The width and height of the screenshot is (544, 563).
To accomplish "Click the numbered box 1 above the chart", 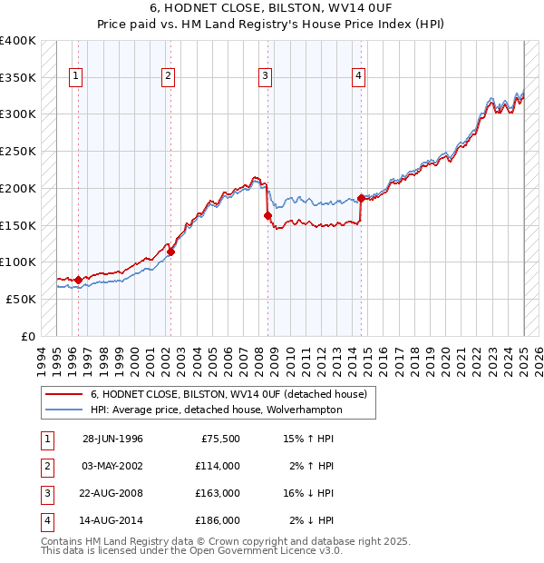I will [x=74, y=77].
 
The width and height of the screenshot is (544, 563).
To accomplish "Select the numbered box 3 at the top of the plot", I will [x=265, y=77].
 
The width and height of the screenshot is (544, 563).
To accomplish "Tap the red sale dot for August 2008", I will [x=267, y=215].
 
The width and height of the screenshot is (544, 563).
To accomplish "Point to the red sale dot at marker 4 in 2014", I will [x=361, y=198].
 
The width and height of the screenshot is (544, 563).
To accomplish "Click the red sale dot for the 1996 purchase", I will [x=78, y=280].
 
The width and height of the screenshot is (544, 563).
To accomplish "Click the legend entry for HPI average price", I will [x=216, y=410].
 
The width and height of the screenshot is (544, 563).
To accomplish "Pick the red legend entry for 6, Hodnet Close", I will [x=228, y=394].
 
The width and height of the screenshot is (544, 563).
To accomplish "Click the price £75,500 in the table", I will [x=219, y=439].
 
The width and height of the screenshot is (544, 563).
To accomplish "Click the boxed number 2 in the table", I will [x=46, y=466].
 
